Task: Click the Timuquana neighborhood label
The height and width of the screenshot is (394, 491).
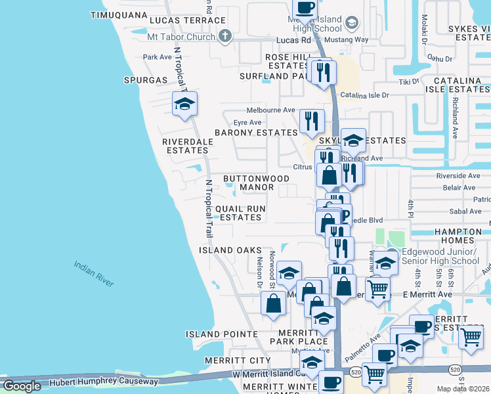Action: (119, 14)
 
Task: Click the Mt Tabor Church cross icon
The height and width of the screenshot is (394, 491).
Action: (224, 36)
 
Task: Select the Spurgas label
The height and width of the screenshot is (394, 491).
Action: (145, 80)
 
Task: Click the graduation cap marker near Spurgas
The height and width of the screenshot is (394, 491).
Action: (184, 104)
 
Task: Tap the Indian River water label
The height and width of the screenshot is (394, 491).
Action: (93, 273)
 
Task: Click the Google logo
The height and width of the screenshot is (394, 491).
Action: (22, 386)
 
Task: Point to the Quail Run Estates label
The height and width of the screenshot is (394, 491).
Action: (240, 213)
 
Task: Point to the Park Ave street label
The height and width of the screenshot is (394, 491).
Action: (157, 57)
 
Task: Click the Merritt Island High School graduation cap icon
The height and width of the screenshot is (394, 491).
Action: (351, 24)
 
